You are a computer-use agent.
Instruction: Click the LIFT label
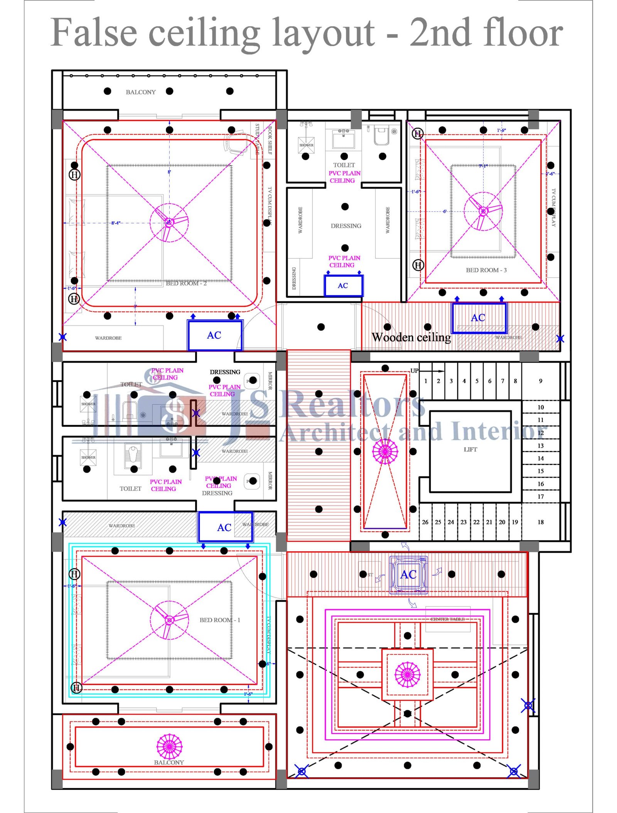[x=470, y=449]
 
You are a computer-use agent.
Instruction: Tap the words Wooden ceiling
[x=411, y=337]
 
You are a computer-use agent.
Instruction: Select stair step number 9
[x=540, y=381]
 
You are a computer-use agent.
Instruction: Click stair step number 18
[x=540, y=522]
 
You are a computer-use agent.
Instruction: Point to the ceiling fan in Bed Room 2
[x=169, y=222]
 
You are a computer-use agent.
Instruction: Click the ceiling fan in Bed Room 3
[x=483, y=211]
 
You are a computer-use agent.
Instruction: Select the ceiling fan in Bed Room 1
[x=169, y=620]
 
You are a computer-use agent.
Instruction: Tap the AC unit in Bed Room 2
[x=214, y=335]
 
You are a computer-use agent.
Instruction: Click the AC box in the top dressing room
[x=343, y=286]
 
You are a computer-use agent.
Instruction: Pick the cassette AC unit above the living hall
[x=408, y=575]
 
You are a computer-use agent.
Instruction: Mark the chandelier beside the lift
[x=385, y=451]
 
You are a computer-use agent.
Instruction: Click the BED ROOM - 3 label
[x=486, y=270]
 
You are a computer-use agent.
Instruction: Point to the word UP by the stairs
[x=414, y=371]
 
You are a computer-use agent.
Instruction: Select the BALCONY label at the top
[x=141, y=92]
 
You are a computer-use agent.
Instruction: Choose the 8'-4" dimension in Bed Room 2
[x=116, y=223]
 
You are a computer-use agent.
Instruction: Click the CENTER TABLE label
[x=447, y=619]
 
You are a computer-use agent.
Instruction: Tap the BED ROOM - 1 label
[x=220, y=620]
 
